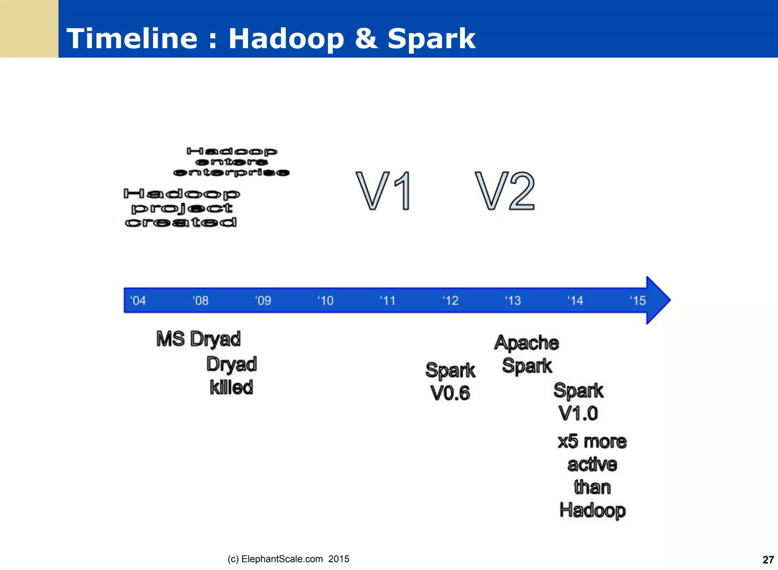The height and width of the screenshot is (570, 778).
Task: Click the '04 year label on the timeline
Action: pyautogui.click(x=138, y=300)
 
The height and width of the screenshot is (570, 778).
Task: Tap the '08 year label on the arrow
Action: pyautogui.click(x=201, y=300)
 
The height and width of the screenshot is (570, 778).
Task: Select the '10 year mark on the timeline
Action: pyautogui.click(x=326, y=300)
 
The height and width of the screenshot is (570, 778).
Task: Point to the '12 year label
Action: pyautogui.click(x=451, y=300)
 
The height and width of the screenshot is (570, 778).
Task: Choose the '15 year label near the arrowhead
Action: pyautogui.click(x=638, y=300)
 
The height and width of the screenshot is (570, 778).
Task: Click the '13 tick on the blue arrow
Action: pyautogui.click(x=513, y=300)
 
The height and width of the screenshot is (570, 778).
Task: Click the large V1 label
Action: pyautogui.click(x=384, y=191)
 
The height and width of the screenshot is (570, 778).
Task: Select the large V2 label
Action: pyautogui.click(x=505, y=191)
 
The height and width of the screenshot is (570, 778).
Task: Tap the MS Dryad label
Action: pyautogui.click(x=198, y=339)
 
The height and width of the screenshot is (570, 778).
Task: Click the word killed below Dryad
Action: pyautogui.click(x=231, y=387)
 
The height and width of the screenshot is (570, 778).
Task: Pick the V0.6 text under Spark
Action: pyautogui.click(x=450, y=393)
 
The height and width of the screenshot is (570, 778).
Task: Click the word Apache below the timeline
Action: pyautogui.click(x=527, y=343)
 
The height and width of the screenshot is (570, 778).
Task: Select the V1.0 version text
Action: pyautogui.click(x=578, y=413)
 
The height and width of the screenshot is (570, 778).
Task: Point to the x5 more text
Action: pyautogui.click(x=592, y=441)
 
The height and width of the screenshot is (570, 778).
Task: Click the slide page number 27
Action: pyautogui.click(x=768, y=560)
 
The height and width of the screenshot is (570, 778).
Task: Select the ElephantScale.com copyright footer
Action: pyautogui.click(x=288, y=559)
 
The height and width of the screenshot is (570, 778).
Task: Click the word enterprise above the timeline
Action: pyautogui.click(x=231, y=173)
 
